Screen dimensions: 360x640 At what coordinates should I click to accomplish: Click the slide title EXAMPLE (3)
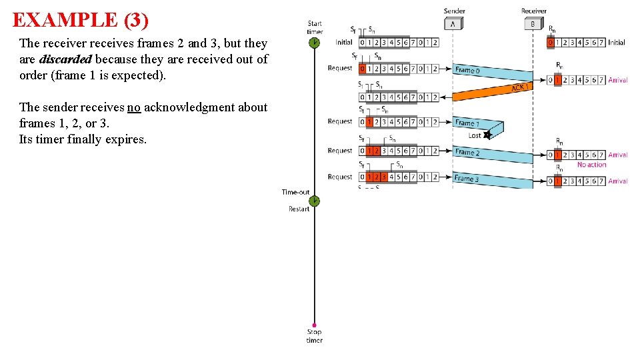click(81, 20)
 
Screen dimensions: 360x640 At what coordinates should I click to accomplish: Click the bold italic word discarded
click(65, 59)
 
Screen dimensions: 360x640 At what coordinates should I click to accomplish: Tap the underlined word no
click(134, 107)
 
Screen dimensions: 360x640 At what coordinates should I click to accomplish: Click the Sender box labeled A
click(453, 24)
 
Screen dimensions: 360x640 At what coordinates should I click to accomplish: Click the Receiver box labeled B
click(533, 24)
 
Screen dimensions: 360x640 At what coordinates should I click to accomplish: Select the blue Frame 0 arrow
click(493, 73)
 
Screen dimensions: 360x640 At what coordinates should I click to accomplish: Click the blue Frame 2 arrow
click(493, 154)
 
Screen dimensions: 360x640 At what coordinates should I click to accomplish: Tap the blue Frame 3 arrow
click(493, 179)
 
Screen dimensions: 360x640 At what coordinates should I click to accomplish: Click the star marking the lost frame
click(487, 135)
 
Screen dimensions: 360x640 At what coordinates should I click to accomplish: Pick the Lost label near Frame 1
click(474, 135)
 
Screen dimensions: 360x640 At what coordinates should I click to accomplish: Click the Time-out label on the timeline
click(295, 192)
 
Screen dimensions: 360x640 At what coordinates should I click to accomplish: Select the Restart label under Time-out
click(299, 209)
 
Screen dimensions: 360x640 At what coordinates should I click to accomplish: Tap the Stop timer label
click(314, 335)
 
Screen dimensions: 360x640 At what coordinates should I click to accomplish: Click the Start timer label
click(315, 27)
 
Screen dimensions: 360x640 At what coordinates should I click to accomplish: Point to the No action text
click(591, 165)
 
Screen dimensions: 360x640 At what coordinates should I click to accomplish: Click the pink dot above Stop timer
click(314, 325)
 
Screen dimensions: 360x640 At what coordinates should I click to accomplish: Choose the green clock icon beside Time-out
click(315, 200)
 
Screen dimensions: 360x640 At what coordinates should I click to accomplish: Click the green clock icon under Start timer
click(315, 43)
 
